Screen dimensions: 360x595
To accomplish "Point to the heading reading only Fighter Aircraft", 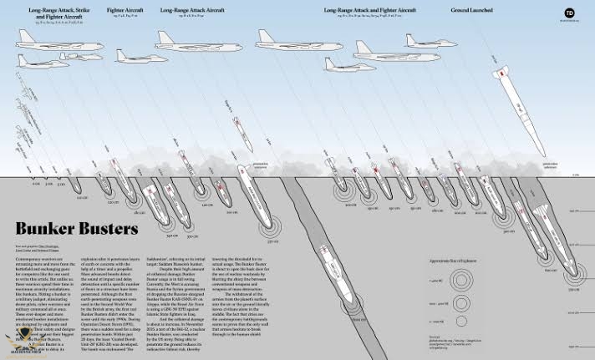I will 125,11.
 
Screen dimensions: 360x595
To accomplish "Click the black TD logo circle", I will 570,13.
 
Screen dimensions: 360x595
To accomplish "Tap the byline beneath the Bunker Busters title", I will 38,249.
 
